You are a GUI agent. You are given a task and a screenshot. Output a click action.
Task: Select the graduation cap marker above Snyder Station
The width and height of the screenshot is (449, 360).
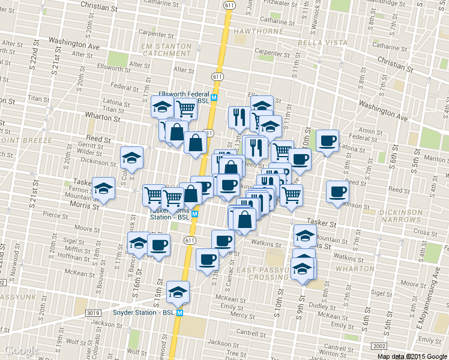(178, 292)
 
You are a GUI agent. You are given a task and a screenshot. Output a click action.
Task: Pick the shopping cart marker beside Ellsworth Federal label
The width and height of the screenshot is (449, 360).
(186, 109)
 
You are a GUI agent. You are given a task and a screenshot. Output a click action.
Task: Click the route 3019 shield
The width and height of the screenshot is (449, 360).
(92, 313)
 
